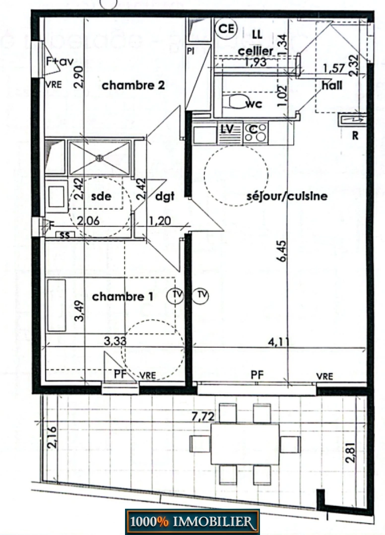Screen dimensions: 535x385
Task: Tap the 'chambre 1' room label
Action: point(122,297)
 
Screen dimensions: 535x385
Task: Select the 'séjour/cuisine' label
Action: point(287,196)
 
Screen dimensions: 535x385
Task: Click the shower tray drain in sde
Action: point(99,158)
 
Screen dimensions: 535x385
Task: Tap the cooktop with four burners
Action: point(256,132)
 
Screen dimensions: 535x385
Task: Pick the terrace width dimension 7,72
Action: point(203,416)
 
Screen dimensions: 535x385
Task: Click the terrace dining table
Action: point(245,444)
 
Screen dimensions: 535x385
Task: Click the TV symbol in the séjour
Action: point(201,295)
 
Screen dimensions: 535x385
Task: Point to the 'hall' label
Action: point(332,85)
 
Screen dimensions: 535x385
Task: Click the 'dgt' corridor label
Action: point(165,197)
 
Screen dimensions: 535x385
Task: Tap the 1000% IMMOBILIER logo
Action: point(192,522)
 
